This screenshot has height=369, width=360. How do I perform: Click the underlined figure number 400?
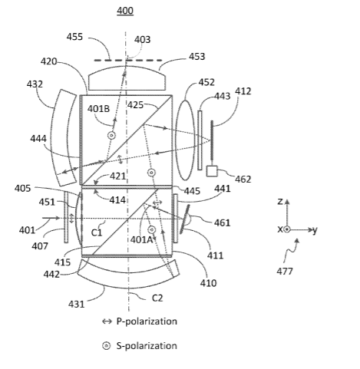tap(125, 11)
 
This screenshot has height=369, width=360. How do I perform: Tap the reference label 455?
tap(74, 37)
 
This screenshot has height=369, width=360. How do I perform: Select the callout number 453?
tap(197, 57)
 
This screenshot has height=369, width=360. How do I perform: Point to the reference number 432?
tap(35, 84)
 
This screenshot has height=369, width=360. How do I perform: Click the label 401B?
tap(98, 109)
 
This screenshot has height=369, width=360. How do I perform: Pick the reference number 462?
tap(243, 180)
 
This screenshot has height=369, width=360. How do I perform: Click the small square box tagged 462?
tap(212, 171)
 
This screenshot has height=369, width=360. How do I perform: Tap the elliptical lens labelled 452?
tap(185, 140)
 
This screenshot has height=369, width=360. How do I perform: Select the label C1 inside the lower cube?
tap(97, 232)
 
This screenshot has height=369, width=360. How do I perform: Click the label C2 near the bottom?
tap(157, 298)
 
